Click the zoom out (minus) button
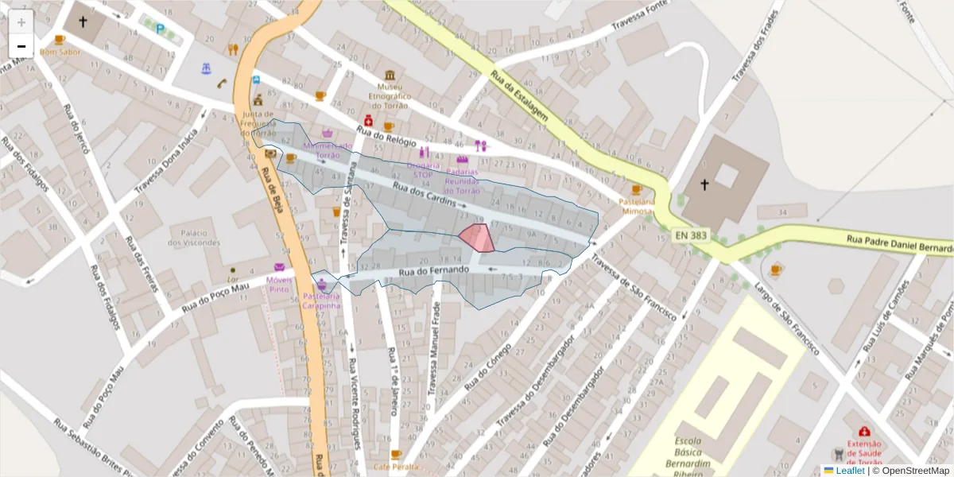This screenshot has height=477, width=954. (x=21, y=46)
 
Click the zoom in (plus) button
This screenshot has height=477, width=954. (x=21, y=22)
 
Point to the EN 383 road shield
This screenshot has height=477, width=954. (x=691, y=235)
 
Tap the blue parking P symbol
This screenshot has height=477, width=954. (x=161, y=30)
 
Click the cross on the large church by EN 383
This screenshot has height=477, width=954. (x=704, y=185)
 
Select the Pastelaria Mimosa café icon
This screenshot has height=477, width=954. (x=636, y=189)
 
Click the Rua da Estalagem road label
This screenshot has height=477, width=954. (x=520, y=97)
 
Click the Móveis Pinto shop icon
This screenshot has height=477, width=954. (x=279, y=267)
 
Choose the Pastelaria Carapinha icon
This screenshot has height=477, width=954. (x=322, y=285)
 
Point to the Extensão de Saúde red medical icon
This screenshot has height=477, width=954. (x=864, y=431)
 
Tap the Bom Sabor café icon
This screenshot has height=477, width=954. (x=60, y=40)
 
